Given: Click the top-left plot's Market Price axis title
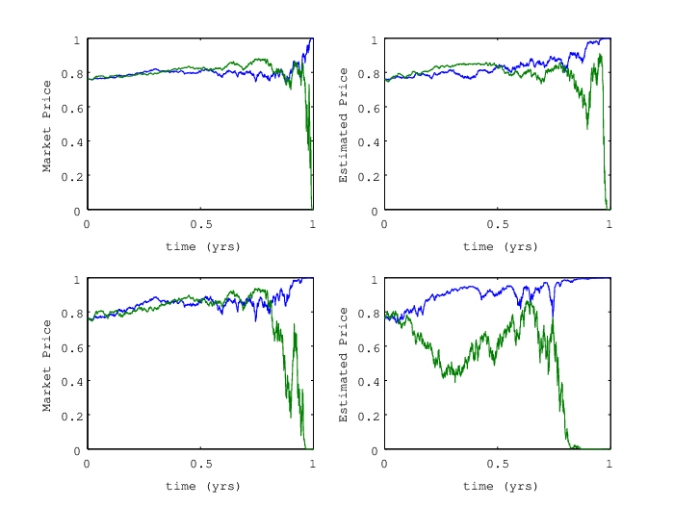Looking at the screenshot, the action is (x=47, y=126).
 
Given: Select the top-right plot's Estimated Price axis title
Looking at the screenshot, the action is (x=343, y=125).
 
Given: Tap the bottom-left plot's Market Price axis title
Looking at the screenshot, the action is (x=47, y=366).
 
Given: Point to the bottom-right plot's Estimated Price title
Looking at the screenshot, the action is (x=343, y=365).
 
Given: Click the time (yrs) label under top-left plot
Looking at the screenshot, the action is (x=202, y=246).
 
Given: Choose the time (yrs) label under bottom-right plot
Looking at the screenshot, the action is (x=500, y=486).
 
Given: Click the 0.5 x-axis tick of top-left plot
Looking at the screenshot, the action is (x=201, y=224).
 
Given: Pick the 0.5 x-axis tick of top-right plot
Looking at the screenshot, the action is (x=498, y=224).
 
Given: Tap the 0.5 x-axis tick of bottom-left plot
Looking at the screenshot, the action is (x=201, y=464).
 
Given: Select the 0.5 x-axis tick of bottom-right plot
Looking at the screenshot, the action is (x=498, y=464).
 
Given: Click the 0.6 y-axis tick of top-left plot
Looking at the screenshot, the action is (x=72, y=109).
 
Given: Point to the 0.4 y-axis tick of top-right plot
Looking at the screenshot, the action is (x=369, y=142).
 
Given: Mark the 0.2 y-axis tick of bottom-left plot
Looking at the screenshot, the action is (x=72, y=416).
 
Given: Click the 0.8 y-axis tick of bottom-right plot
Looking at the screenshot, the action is (x=369, y=314).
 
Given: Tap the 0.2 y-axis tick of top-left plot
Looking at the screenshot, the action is (x=72, y=177).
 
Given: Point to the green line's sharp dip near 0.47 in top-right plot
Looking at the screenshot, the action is (x=587, y=129).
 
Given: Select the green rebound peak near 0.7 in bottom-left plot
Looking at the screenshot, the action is (x=295, y=324).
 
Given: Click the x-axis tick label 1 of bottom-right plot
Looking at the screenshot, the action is (x=609, y=464).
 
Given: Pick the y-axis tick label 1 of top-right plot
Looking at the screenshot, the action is (x=375, y=40).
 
